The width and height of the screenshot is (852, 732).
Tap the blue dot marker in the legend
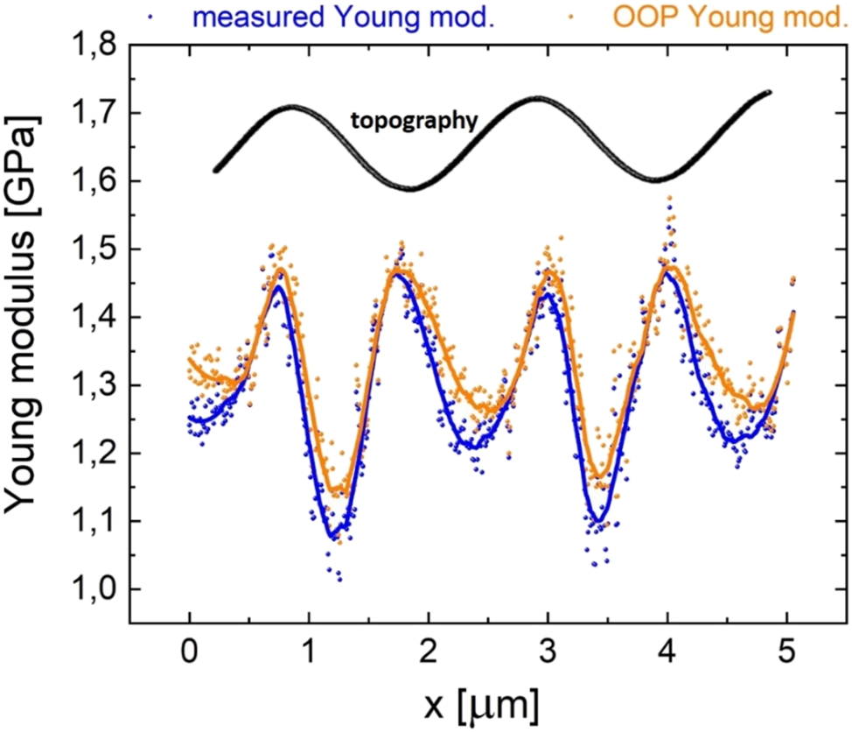(180, 15)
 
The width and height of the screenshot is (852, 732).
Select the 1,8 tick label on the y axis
(92, 46)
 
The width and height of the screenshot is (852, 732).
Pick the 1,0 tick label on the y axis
(92, 589)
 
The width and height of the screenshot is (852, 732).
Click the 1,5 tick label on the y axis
(92, 250)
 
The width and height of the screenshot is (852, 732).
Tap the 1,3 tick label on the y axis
(92, 385)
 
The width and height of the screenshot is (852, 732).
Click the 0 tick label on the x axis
(189, 652)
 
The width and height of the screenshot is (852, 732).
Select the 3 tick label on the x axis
(548, 652)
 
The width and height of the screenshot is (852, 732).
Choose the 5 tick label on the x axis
(786, 652)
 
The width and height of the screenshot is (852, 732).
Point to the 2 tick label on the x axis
(428, 652)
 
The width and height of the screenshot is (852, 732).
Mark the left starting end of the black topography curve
(215, 170)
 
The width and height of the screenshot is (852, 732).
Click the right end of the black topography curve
(769, 92)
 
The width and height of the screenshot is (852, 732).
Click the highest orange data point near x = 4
(670, 198)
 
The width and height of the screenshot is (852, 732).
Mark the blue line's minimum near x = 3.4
(597, 522)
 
